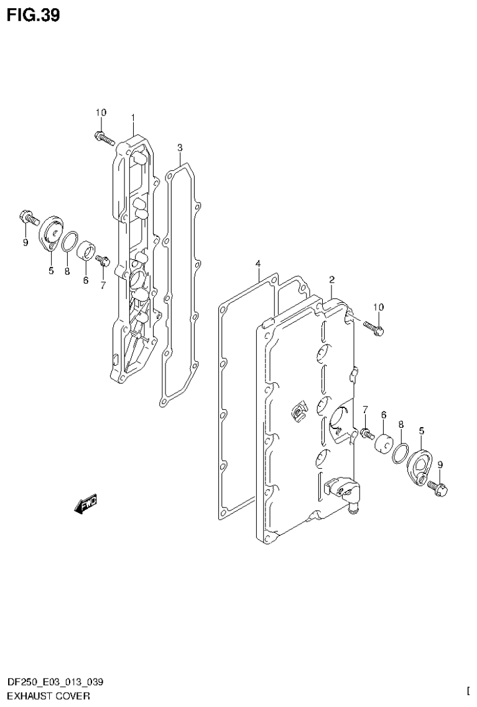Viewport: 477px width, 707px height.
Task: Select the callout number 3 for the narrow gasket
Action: (x=179, y=147)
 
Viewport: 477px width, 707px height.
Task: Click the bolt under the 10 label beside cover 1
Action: (x=105, y=137)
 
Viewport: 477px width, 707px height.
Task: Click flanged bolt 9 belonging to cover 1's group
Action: (x=27, y=218)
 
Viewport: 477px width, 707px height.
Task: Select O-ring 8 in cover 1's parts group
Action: (x=70, y=240)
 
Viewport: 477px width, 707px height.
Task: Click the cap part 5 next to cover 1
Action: (x=51, y=234)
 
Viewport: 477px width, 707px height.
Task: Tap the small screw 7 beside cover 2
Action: (x=366, y=432)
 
